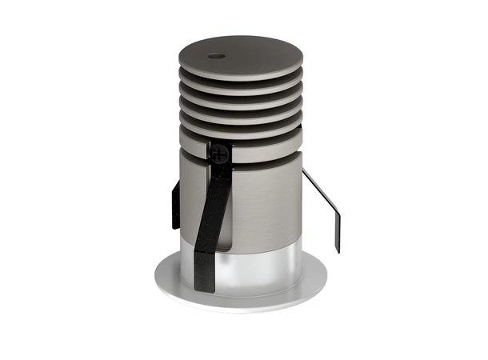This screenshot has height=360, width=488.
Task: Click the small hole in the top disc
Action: pos(215,57)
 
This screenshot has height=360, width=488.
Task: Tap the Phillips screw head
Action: pos(220,150)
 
